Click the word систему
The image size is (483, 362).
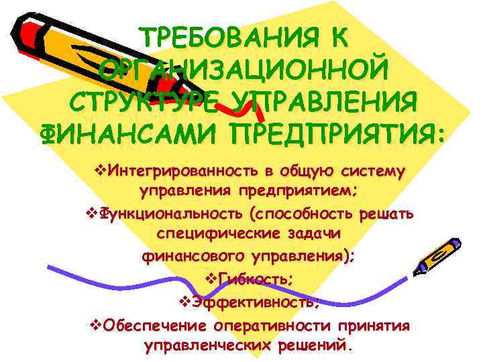pos(372,172)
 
